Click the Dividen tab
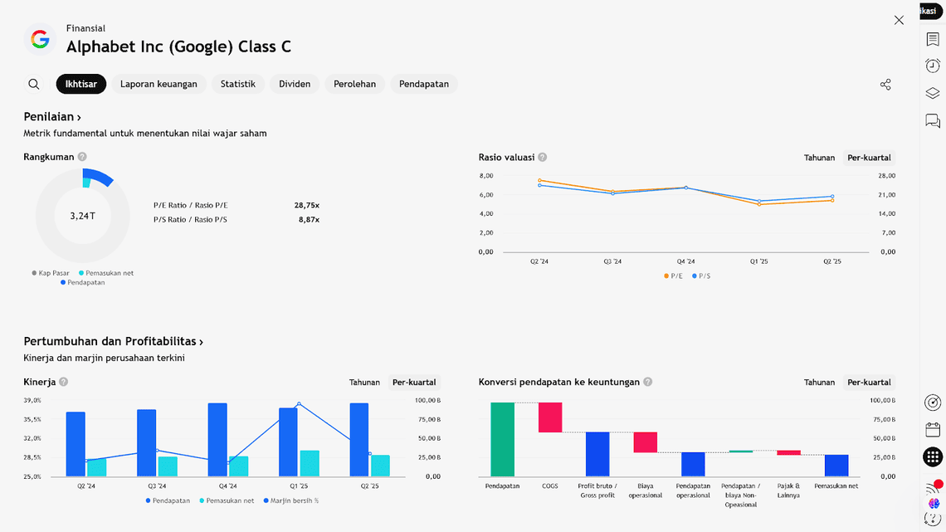[295, 84]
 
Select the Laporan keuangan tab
[158, 84]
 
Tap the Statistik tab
[237, 84]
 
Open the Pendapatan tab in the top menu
[423, 84]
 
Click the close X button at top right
[899, 20]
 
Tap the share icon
[885, 85]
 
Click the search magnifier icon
[34, 84]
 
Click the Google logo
[40, 39]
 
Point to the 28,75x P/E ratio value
[306, 205]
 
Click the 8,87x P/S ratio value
[309, 220]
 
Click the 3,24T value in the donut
[82, 216]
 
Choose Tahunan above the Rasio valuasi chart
[819, 158]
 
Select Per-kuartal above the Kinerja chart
[414, 383]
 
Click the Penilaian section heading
[52, 117]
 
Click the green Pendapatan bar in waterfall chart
[502, 439]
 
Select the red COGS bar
[550, 417]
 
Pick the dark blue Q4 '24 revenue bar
[217, 440]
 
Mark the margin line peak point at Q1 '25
[299, 404]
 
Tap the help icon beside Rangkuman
[82, 157]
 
